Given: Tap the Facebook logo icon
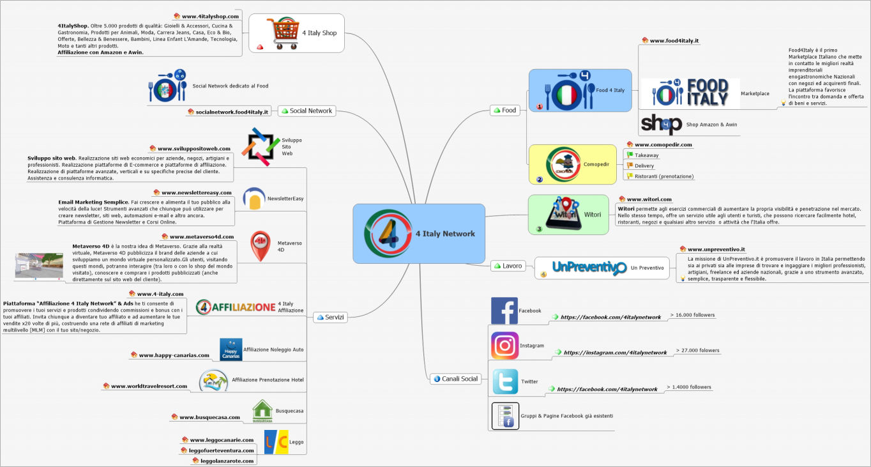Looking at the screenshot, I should tap(504, 311).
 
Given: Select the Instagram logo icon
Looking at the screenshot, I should tap(504, 346).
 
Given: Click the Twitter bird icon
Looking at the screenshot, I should tap(505, 381).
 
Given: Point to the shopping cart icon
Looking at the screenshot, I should tap(282, 33).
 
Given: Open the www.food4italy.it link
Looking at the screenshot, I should tap(674, 41).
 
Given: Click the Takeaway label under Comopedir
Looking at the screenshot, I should tap(647, 155).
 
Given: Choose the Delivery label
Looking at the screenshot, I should tap(644, 166).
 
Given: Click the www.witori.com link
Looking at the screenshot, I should tap(649, 199).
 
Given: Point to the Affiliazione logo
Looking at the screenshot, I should tap(236, 307).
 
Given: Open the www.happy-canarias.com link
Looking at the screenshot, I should tap(174, 355).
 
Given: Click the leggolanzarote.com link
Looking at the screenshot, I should tap(227, 461).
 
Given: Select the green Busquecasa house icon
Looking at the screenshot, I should tap(262, 411).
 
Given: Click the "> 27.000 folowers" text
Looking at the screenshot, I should tap(697, 351).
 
